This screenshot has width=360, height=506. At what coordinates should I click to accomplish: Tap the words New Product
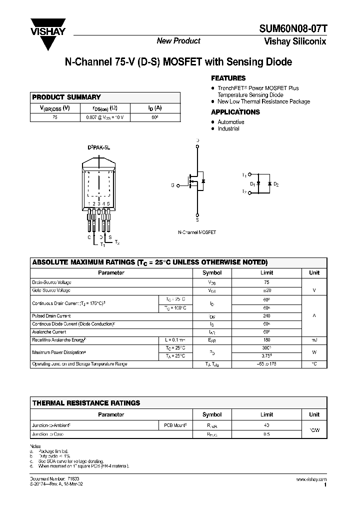pos(178,41)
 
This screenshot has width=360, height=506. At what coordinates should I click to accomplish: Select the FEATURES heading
pos(228,78)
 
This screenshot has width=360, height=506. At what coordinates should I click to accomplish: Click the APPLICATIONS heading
pos(235,112)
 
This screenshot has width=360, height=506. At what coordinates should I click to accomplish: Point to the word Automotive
pos(231,122)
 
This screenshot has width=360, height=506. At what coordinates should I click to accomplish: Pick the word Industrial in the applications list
pos(228,128)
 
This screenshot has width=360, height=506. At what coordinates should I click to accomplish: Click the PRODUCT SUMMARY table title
pos(66,97)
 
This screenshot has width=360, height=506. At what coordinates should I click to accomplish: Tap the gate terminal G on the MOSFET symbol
pos(172,185)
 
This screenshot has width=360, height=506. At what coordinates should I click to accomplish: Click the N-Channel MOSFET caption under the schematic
pos(197,233)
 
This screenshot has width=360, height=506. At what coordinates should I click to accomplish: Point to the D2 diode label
pos(276,184)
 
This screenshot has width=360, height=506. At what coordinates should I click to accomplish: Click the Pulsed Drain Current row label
pos(51,316)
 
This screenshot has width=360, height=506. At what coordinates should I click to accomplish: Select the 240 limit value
pos(266,316)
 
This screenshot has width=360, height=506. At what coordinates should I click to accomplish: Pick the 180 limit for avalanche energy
pos(266,340)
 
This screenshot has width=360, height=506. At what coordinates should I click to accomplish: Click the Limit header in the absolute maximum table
pos(266,273)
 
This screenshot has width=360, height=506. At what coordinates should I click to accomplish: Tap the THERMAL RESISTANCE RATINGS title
pos(86,403)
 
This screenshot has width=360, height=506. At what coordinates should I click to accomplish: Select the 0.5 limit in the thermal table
pos(266,434)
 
